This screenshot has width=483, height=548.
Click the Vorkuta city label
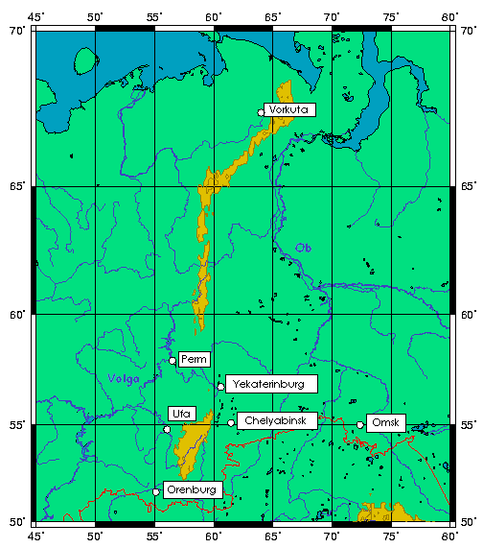click(289, 109)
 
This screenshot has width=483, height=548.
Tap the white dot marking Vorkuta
click(262, 112)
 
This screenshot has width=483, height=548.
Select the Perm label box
click(195, 359)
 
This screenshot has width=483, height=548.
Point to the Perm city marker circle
click(172, 361)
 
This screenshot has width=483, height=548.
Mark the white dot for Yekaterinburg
click(220, 387)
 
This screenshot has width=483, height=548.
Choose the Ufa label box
click(182, 414)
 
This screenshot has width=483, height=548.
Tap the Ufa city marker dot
click(168, 429)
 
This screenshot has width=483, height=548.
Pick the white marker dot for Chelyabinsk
click(231, 422)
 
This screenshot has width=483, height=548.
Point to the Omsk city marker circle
click(360, 424)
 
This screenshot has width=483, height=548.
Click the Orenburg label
click(193, 489)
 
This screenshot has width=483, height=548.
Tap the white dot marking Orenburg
click(155, 492)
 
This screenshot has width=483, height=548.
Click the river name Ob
click(304, 248)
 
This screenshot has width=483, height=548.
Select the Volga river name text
click(124, 378)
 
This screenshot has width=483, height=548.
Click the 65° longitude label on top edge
click(273, 17)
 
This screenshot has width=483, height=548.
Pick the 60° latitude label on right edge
click(467, 314)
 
